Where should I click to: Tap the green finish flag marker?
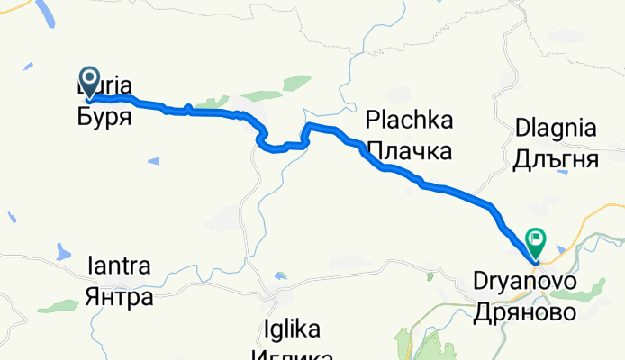536,240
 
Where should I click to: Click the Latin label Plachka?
408,121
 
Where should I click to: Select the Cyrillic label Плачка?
408,148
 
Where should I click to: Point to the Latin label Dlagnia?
555,129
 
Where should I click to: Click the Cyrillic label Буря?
104,117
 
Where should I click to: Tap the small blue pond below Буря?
153,161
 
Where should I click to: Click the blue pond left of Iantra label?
61,250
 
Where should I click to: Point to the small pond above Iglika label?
281,274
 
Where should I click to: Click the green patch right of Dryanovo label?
594,288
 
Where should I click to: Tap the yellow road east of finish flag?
585,220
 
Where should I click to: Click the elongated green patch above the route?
263,95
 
